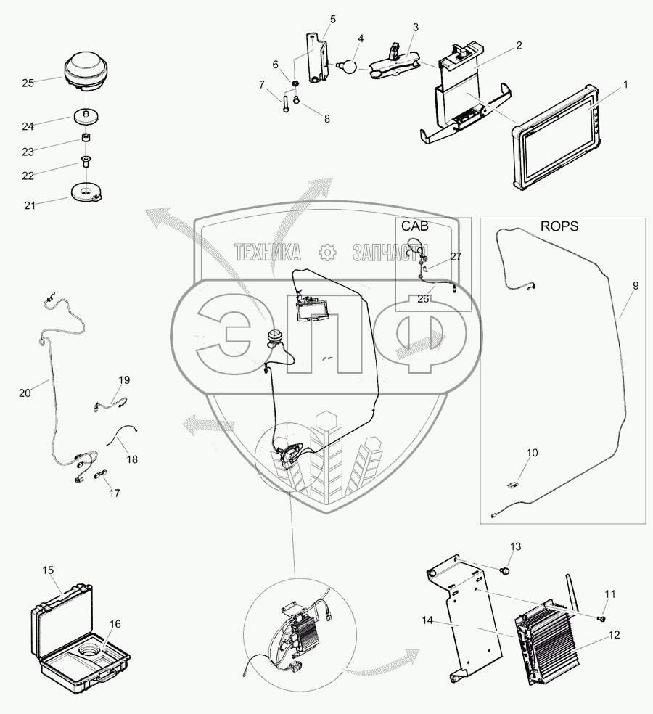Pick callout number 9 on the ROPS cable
tap(635, 286)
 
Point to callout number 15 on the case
tap(47, 570)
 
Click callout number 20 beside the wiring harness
tap(25, 393)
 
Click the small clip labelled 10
tap(513, 482)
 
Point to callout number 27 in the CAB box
tap(456, 256)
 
